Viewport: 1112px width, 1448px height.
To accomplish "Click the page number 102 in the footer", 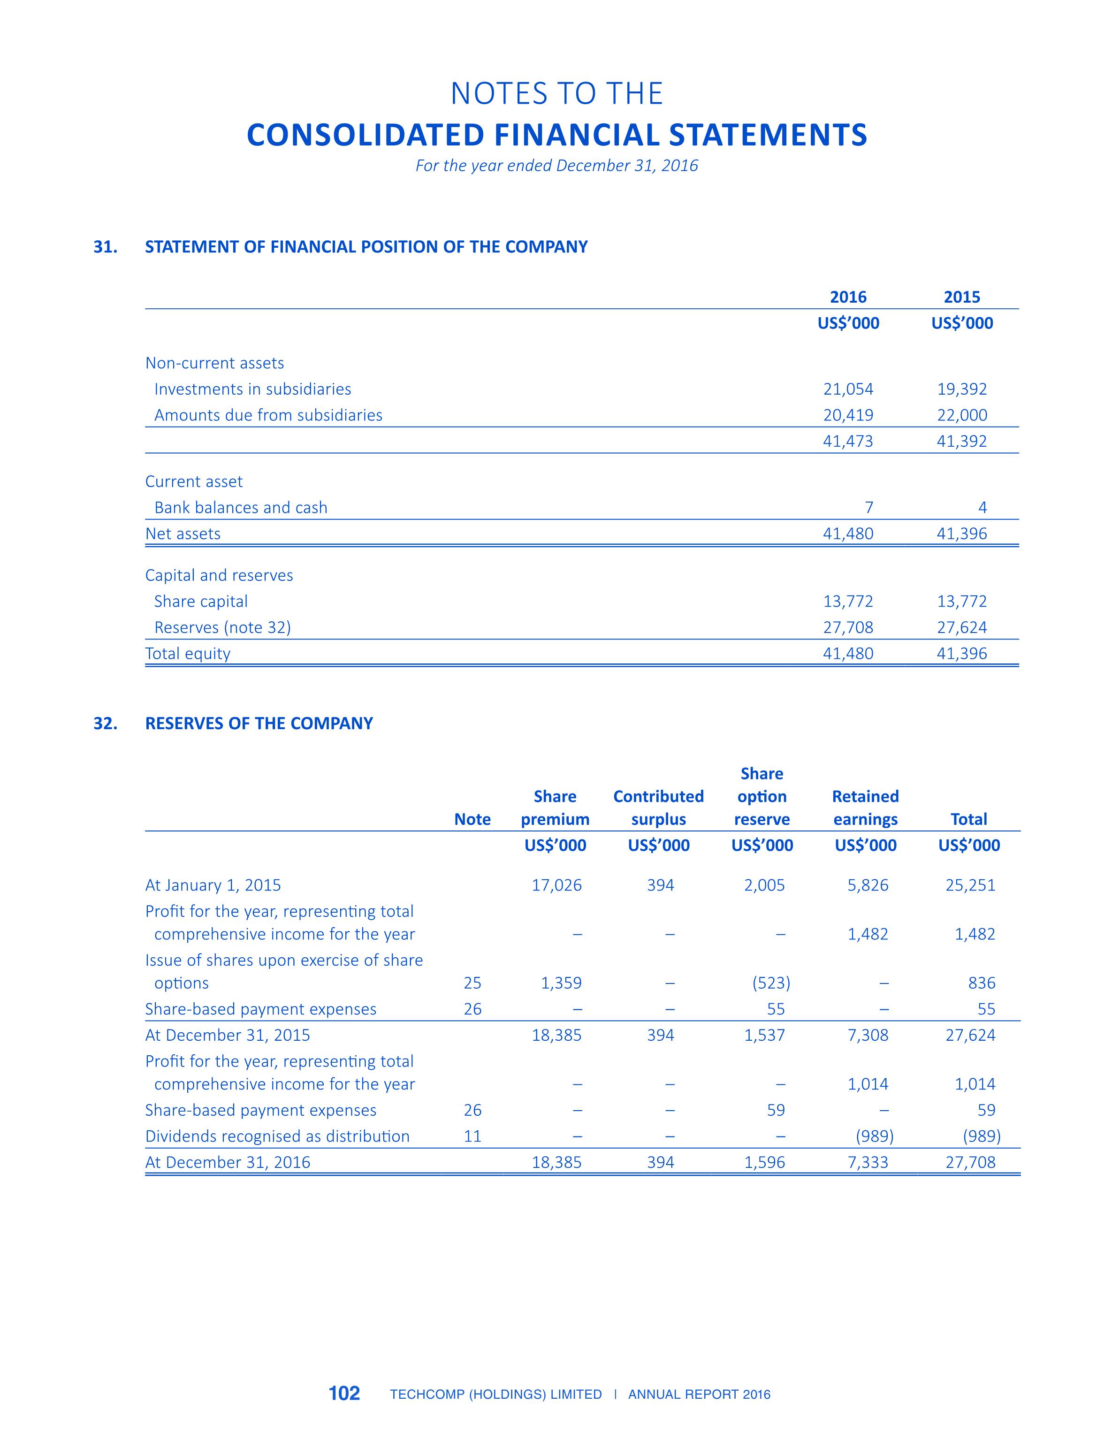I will [x=344, y=1393].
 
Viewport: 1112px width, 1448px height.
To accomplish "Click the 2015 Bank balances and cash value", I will [x=983, y=508].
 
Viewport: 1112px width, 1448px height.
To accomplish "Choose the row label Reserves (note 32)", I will [x=222, y=627].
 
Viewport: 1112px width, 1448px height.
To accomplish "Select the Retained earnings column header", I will [x=865, y=808].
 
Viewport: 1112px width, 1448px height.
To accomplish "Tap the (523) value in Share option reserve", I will [x=771, y=983].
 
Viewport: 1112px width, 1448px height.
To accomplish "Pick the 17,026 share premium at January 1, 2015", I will [x=556, y=885].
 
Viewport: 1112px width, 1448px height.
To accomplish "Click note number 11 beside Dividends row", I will [x=472, y=1136].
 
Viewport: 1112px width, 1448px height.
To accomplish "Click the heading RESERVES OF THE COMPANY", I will [x=259, y=724].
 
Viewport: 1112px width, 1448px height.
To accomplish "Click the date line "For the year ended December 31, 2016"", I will [x=556, y=166].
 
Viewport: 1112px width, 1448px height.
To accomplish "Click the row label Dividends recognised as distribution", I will [x=277, y=1136].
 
